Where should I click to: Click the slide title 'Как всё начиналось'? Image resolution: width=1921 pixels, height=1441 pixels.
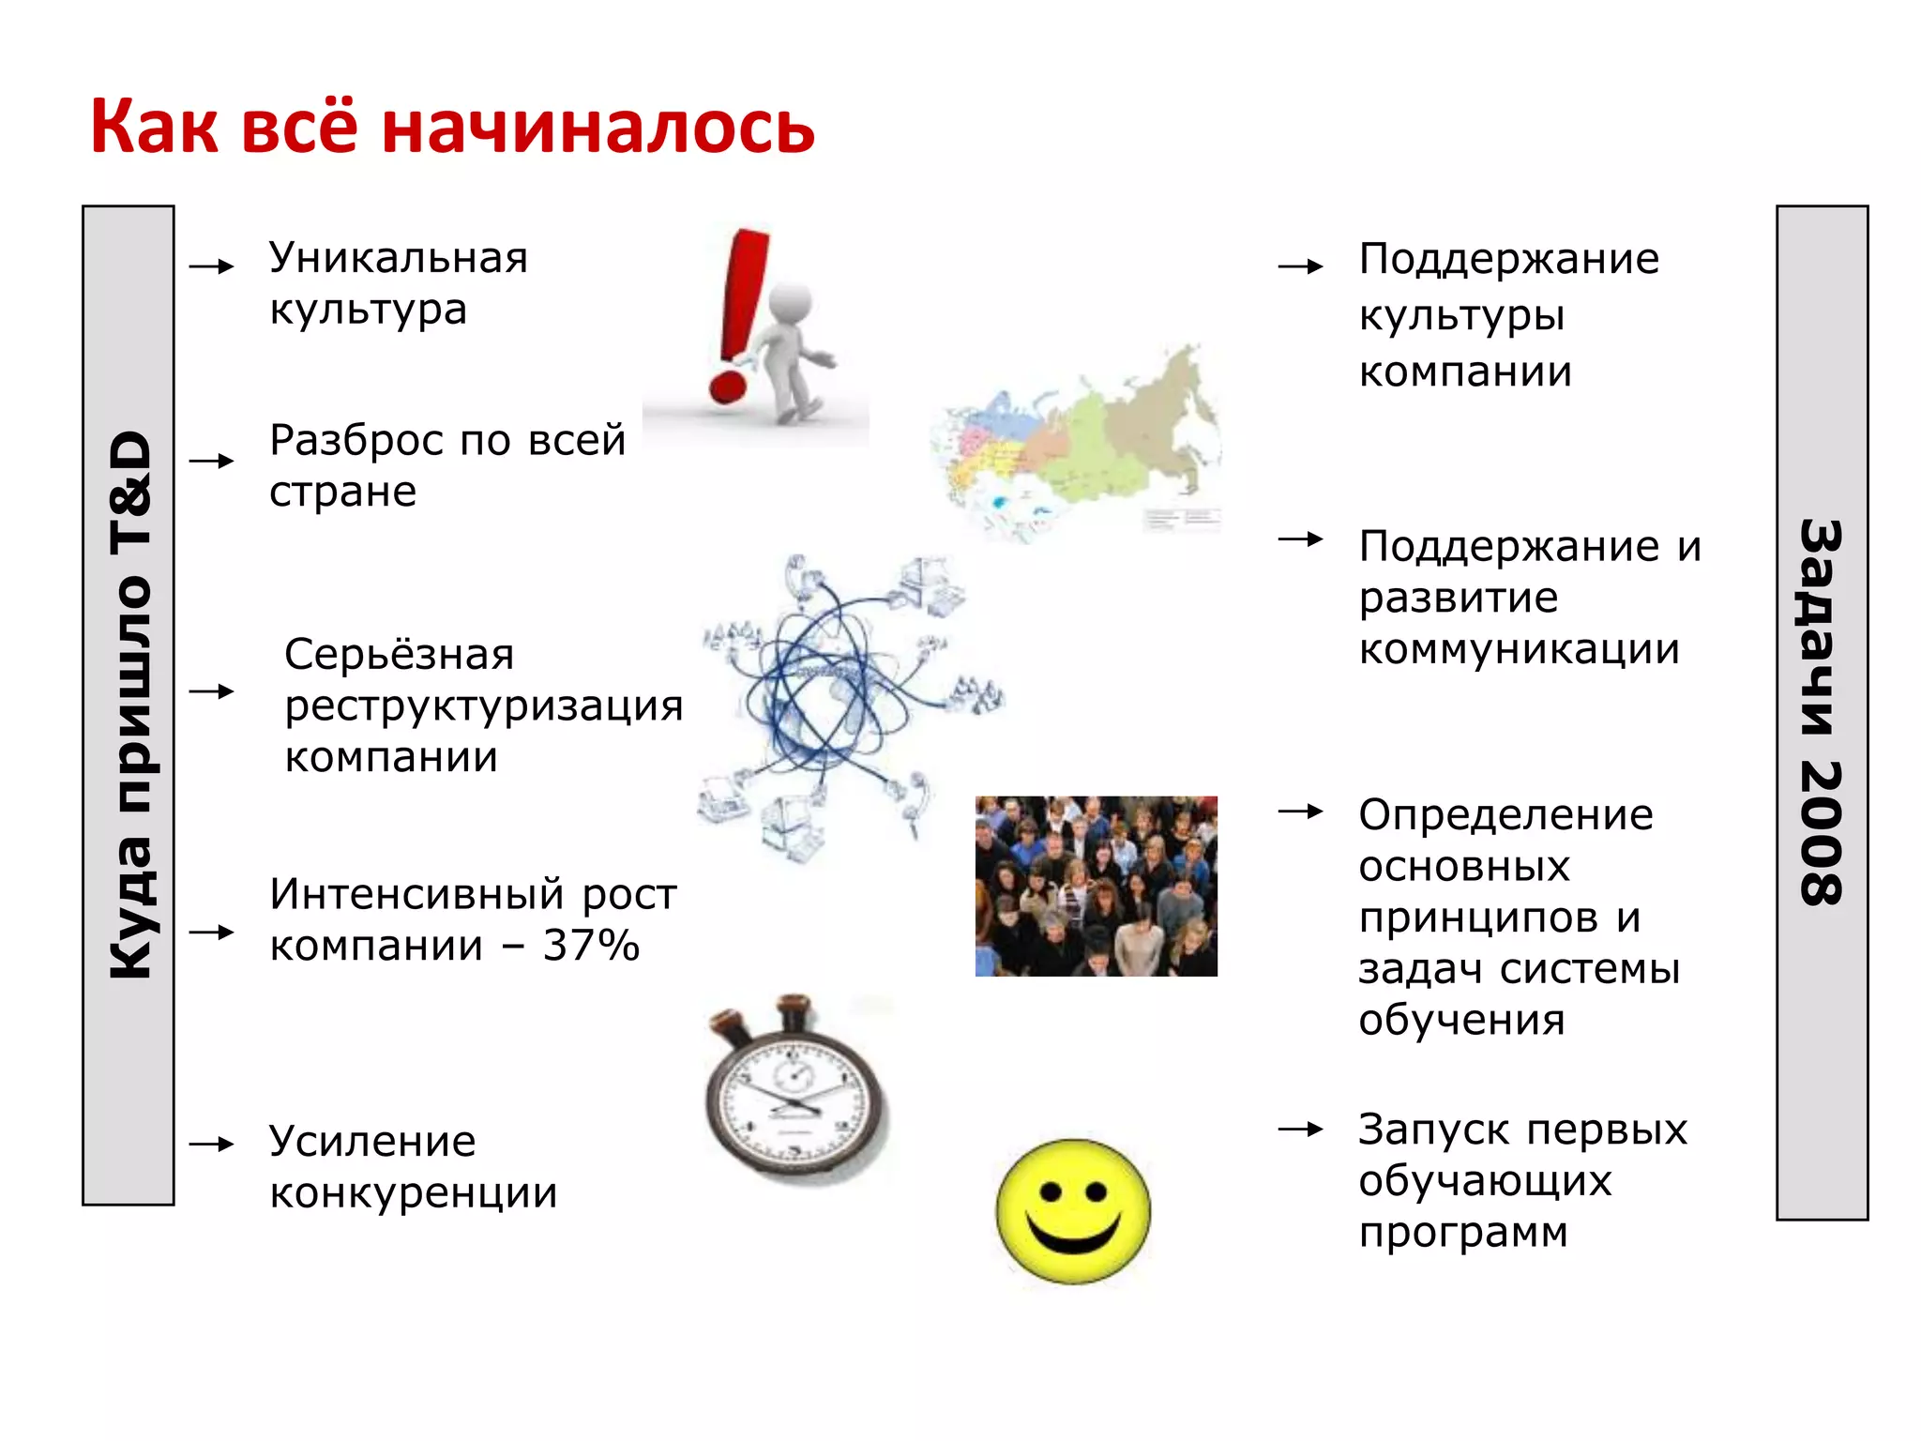point(452,127)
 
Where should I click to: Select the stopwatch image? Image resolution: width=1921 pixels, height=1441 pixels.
point(795,1088)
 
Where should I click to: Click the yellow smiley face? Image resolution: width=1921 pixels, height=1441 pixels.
point(1073,1210)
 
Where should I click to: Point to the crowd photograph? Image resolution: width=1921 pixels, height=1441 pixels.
point(1096,886)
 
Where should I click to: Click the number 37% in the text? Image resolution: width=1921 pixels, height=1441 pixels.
point(591,946)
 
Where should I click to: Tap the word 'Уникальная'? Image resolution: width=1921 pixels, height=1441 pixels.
point(399,258)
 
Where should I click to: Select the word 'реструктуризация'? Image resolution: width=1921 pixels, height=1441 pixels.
point(484,705)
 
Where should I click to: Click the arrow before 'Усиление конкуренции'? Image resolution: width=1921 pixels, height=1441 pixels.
point(211,1144)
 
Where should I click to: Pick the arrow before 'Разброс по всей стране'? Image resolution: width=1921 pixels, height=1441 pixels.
point(211,461)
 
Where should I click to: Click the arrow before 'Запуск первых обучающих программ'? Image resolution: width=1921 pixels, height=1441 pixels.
point(1300,1130)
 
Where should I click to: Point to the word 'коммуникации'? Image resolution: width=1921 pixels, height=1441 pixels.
point(1519,649)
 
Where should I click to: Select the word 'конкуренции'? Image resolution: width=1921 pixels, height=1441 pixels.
point(414,1193)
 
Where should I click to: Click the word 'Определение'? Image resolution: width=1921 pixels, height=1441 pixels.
point(1505,814)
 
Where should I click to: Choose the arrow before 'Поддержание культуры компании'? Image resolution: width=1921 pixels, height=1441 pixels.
point(1300,266)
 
